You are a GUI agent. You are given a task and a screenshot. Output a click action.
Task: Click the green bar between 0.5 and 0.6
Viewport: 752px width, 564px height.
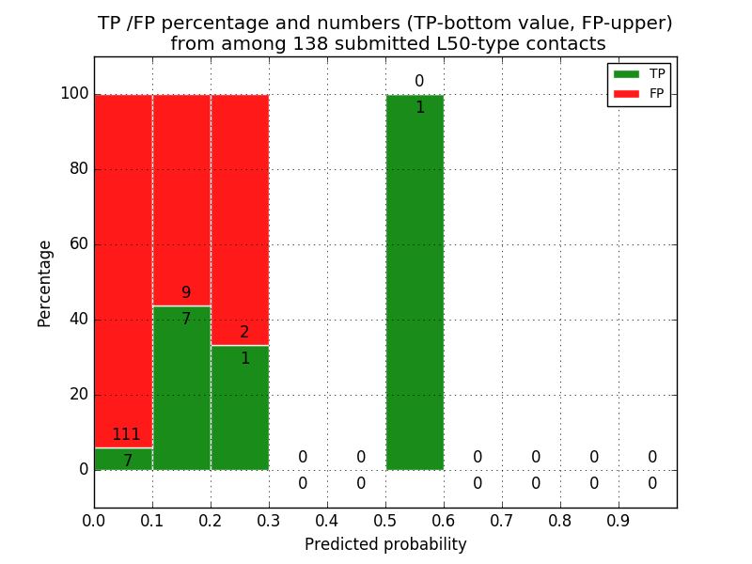(415, 282)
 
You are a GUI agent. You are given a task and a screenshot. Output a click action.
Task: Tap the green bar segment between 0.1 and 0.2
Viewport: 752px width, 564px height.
(181, 395)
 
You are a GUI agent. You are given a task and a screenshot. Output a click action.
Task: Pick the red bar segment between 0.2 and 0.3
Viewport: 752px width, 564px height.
(240, 216)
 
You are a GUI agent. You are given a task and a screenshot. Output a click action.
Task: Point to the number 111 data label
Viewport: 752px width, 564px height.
(126, 434)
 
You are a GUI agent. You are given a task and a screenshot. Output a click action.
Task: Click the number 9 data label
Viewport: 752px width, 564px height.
(186, 292)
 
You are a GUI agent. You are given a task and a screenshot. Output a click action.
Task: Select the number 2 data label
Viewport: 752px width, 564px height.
(244, 332)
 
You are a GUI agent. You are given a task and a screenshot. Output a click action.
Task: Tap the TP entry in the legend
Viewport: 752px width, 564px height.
(639, 73)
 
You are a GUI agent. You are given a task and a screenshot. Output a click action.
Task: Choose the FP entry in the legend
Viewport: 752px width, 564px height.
(639, 93)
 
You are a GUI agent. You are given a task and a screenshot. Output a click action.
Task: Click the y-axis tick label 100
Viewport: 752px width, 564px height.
(74, 93)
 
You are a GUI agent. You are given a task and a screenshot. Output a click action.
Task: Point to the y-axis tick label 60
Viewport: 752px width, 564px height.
(79, 243)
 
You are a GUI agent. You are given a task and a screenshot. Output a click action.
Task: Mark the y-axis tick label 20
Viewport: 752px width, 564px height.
(79, 394)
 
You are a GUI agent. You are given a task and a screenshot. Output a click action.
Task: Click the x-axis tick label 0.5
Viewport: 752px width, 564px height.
(385, 520)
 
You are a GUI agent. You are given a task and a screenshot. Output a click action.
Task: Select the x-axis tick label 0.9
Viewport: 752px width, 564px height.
(619, 520)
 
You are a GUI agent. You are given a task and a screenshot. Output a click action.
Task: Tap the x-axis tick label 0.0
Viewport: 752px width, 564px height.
(94, 520)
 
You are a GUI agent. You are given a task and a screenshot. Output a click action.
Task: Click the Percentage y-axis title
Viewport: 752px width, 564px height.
(44, 283)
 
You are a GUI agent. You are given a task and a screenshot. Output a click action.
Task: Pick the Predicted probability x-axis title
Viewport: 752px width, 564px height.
(385, 544)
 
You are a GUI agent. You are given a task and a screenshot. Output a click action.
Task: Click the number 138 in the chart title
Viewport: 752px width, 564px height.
(337, 43)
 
